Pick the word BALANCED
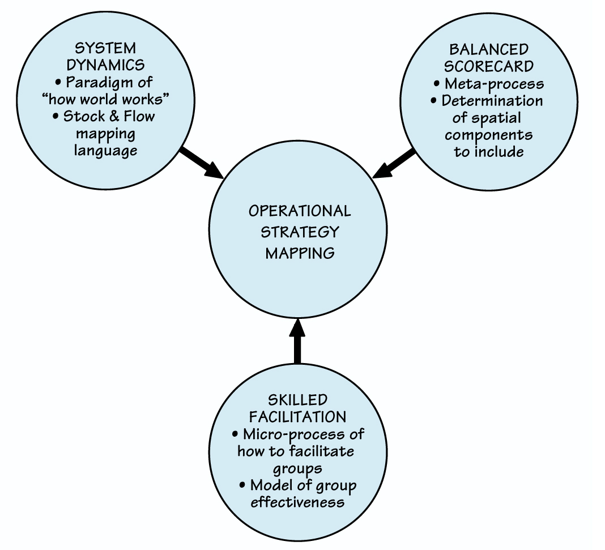(488, 49)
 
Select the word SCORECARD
(488, 66)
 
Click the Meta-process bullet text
(493, 84)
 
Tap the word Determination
(492, 101)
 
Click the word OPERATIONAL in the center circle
(300, 211)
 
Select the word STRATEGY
(300, 232)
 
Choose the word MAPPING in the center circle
(300, 253)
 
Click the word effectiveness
(298, 502)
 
